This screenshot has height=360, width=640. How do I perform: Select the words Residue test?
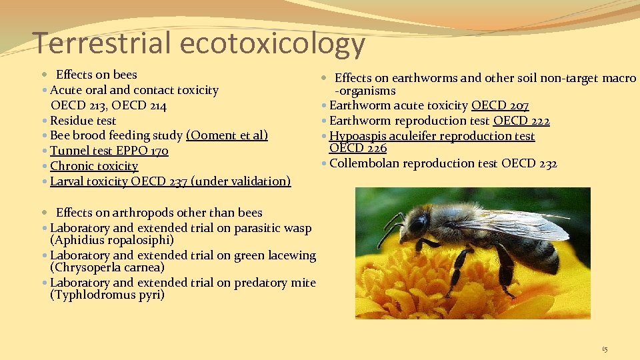pos(83,121)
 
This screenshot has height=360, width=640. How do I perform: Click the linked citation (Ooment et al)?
pos(227,135)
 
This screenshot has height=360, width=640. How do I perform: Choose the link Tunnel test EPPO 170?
pos(109,151)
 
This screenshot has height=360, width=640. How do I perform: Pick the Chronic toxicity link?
pos(94,166)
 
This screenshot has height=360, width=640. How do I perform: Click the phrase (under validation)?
pos(241,181)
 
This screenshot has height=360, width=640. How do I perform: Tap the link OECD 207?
pos(500,105)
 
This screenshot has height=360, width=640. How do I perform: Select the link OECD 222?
pos(521,121)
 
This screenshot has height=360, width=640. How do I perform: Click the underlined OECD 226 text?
pos(358,148)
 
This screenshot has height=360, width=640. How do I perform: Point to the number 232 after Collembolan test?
pos(548,163)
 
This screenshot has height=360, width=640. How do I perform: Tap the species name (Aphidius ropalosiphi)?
pos(112,240)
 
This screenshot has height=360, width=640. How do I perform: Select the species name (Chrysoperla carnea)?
pos(107,267)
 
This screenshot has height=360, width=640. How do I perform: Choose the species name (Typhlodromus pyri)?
pos(107,295)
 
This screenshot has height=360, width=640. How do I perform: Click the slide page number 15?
pos(605,349)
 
